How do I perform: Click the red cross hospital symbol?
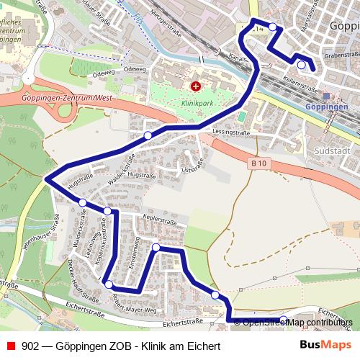click(194, 87)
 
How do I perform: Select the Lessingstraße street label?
click(231, 132)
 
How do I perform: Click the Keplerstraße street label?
click(164, 217)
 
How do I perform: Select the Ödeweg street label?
click(104, 71)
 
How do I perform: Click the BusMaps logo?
click(325, 345)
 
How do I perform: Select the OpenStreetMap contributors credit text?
click(297, 322)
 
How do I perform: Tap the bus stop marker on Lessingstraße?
click(148, 135)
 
